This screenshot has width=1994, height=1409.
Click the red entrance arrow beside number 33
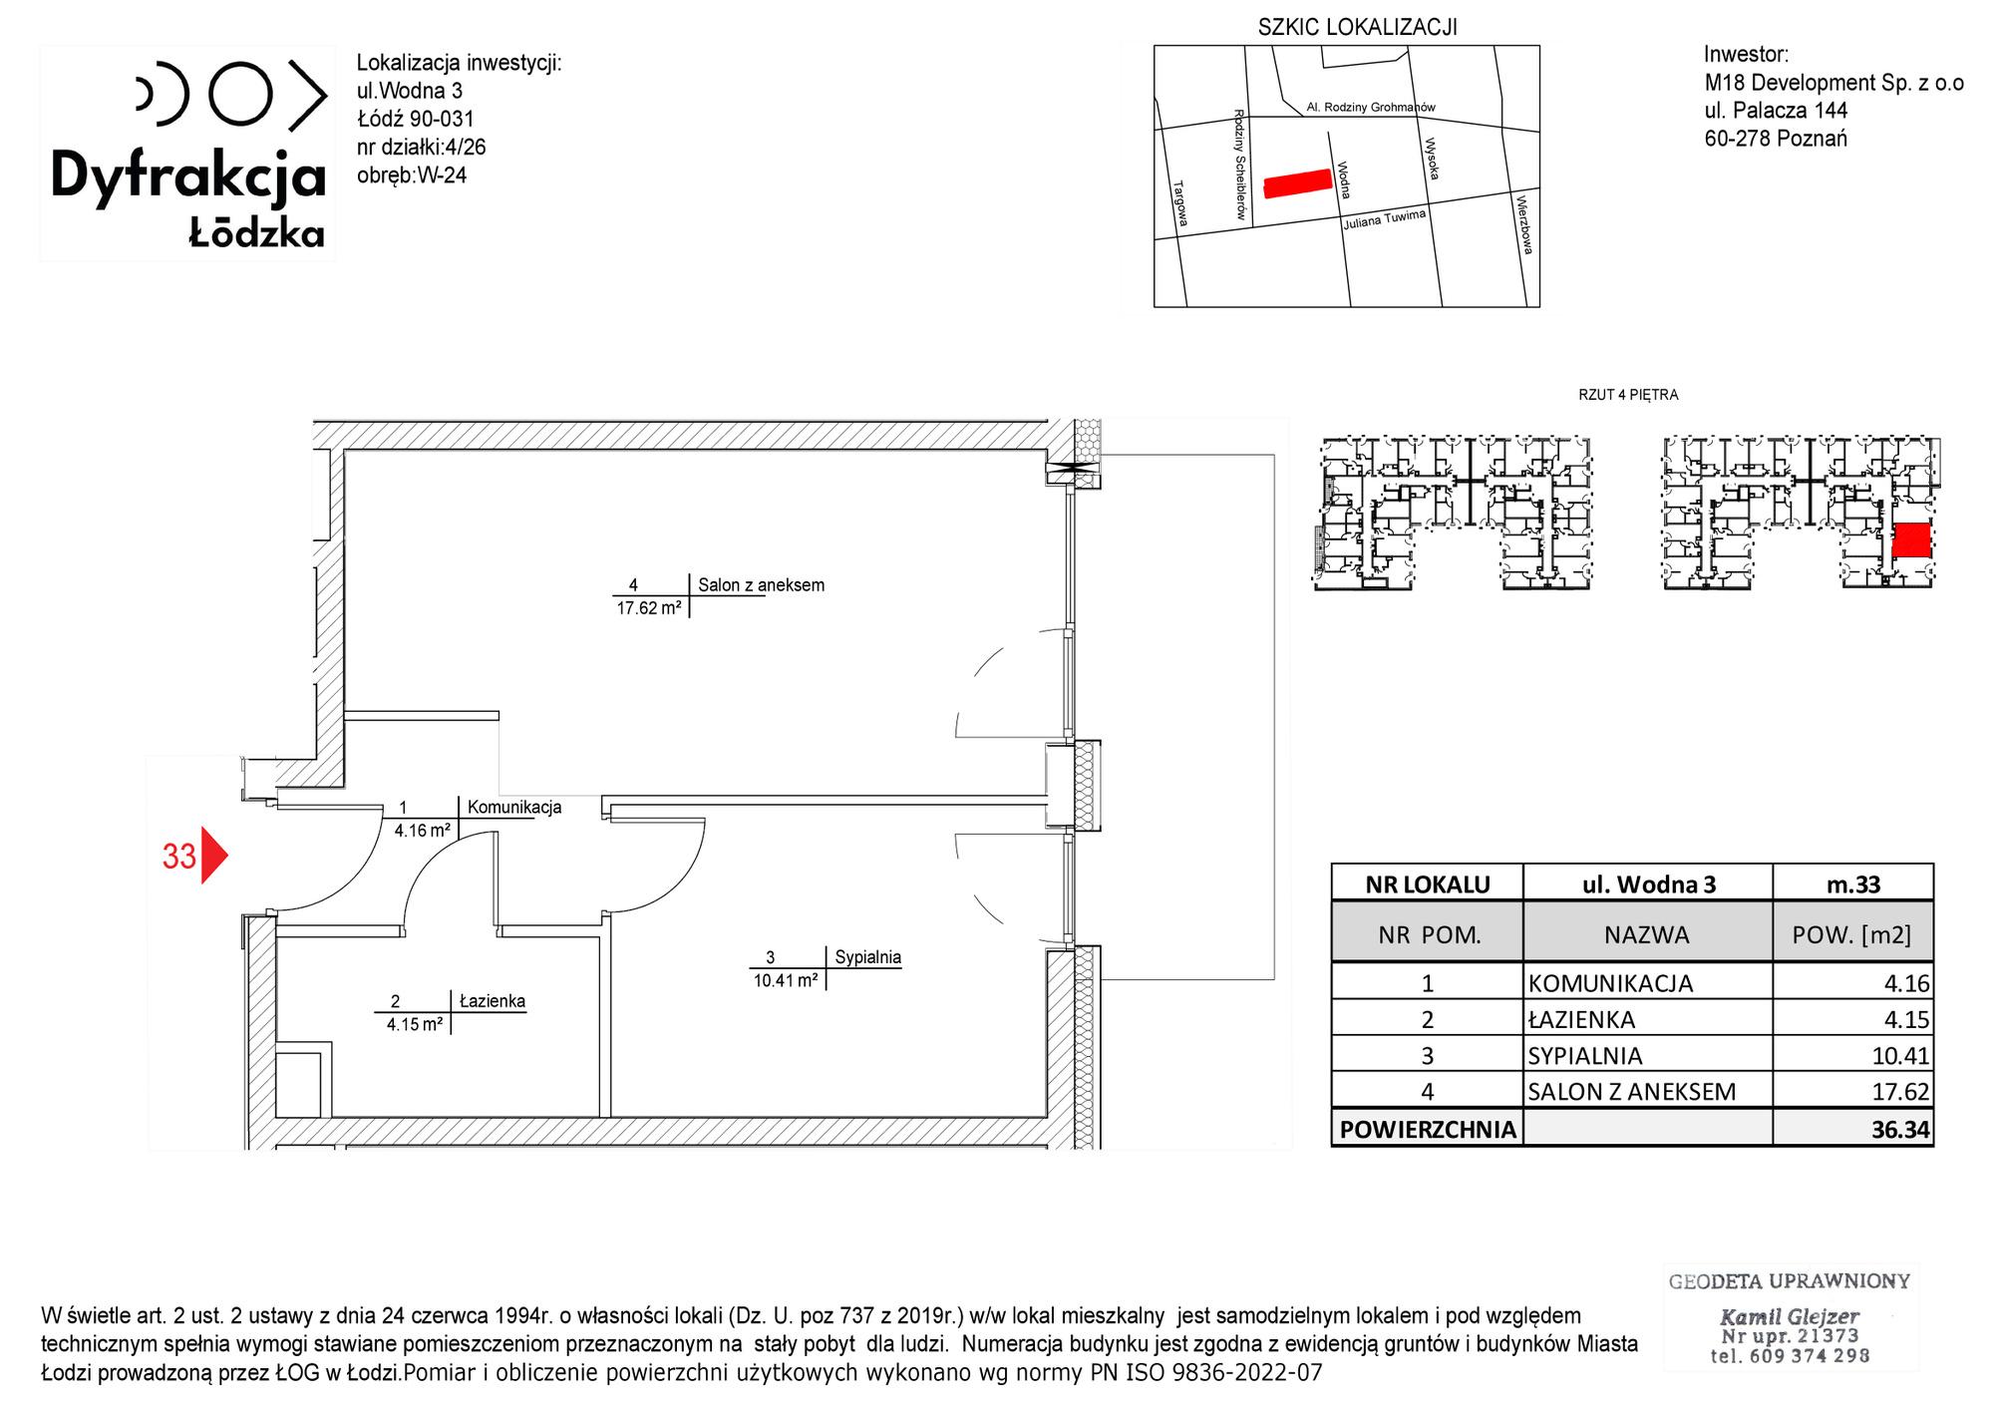213,855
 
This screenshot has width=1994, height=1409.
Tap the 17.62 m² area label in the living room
649,607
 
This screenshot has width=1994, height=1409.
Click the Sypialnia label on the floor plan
867,957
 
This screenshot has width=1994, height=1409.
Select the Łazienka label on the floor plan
493,1001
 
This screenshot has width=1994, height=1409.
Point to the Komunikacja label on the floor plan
514,807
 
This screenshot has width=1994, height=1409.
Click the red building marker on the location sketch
1298,183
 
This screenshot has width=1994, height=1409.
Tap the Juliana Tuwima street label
1384,219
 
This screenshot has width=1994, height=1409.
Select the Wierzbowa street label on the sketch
1523,224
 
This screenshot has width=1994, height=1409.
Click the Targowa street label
1180,203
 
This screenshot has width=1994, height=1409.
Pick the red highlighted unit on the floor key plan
1911,539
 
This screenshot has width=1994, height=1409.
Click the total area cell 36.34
1900,1130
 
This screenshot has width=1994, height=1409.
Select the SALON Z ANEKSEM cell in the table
1632,1092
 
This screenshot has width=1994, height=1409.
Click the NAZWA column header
1647,934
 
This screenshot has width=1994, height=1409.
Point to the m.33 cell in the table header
1853,884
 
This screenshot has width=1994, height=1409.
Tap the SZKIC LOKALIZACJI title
1357,27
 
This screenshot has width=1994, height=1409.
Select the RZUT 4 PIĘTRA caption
1628,395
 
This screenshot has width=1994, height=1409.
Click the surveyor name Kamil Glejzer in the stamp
1790,1316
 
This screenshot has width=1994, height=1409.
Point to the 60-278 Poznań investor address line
1776,139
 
